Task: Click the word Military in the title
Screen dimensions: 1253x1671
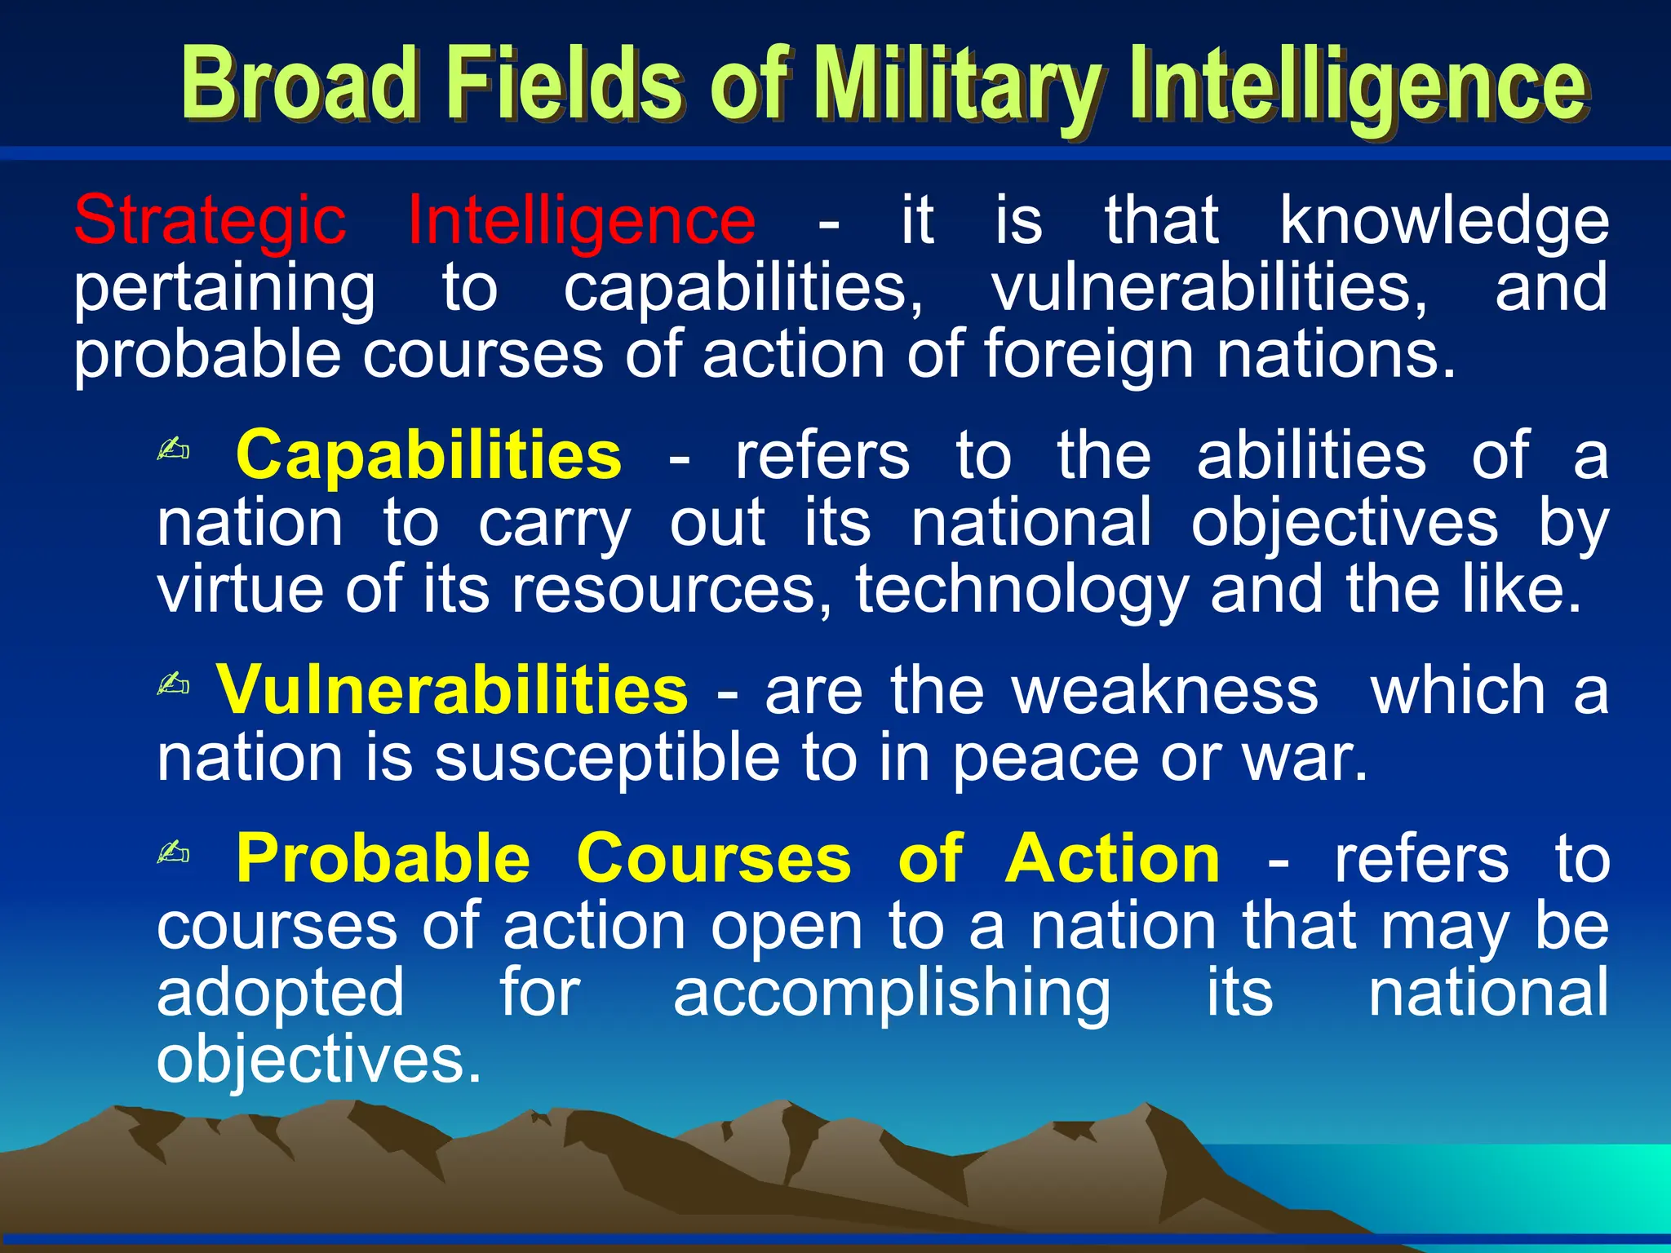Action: [959, 86]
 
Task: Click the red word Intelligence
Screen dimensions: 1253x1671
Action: [581, 220]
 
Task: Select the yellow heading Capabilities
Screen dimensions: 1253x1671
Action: [428, 455]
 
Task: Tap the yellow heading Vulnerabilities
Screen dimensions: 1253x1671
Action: [451, 690]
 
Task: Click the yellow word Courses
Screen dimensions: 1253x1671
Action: [713, 859]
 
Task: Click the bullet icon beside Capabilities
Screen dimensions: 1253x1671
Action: [173, 449]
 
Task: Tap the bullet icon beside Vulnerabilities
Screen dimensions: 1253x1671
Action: [173, 684]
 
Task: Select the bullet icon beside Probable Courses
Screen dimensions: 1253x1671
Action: [173, 853]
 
